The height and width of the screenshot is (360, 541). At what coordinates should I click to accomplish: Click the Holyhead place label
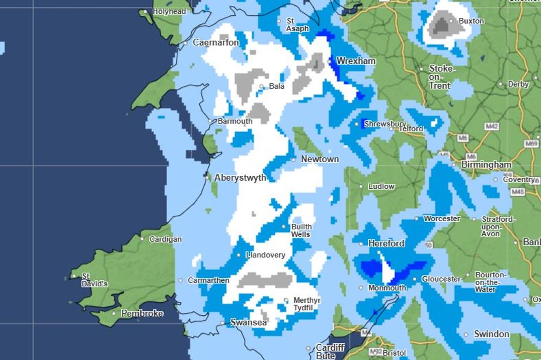[x=170, y=11]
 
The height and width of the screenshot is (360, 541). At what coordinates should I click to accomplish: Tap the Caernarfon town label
[x=215, y=43]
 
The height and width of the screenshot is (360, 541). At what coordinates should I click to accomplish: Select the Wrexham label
[x=356, y=61]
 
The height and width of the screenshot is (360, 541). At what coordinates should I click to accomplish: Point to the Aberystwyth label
[x=240, y=178]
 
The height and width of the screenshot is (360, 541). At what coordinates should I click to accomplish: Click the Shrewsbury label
[x=385, y=124]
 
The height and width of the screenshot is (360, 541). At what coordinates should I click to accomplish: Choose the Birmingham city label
[x=486, y=165]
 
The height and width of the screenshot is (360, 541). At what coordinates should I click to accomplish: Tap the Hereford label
[x=386, y=243]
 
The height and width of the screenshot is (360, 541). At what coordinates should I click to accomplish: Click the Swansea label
[x=248, y=323]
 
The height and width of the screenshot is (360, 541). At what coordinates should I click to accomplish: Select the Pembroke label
[x=142, y=313]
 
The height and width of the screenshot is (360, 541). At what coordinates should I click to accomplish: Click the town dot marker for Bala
[x=261, y=86]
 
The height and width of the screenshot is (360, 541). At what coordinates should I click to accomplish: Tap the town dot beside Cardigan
[x=142, y=239]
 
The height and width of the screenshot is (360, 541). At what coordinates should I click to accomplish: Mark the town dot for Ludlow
[x=361, y=186]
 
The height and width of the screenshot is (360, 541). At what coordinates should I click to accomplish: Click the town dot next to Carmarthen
[x=181, y=280]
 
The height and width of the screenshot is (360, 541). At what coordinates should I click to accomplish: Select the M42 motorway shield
[x=491, y=127]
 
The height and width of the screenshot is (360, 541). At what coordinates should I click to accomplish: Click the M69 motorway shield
[x=532, y=143]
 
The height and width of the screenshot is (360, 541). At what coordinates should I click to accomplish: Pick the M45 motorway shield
[x=518, y=192]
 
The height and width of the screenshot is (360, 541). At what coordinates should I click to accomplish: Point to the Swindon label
[x=491, y=334]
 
